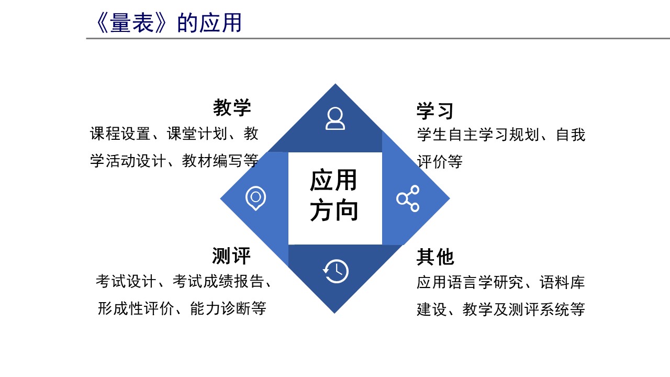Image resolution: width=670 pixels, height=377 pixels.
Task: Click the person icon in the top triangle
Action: pos(335,118)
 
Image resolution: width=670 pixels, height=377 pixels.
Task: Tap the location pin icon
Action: pos(255,198)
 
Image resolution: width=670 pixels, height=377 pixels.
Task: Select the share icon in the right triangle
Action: pos(408,198)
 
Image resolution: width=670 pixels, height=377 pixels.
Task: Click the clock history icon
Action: pos(336,271)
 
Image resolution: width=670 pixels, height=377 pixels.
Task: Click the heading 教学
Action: pos(232,108)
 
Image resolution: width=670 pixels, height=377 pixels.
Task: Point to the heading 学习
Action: pos(435,110)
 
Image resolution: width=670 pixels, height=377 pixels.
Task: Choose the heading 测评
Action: pos(231,256)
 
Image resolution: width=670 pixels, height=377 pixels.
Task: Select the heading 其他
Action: pos(435,257)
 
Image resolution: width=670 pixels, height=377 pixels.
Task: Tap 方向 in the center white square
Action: pos(334,210)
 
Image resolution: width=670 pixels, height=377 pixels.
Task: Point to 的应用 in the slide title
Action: pos(209,23)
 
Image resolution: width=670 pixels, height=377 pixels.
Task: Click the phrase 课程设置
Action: pos(120,134)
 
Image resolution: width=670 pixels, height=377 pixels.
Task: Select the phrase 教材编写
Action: pos(212,161)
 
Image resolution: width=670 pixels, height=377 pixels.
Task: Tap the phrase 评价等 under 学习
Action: pos(440,162)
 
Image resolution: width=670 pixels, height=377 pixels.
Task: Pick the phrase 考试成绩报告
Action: pos(218,282)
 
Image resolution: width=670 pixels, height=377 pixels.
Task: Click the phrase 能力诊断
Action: pos(220,308)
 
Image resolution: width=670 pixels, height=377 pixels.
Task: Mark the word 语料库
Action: pos(562,282)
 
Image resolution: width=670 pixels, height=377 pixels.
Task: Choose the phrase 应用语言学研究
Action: pos(470,282)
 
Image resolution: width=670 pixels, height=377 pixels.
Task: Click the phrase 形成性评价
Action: pos(136,308)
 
